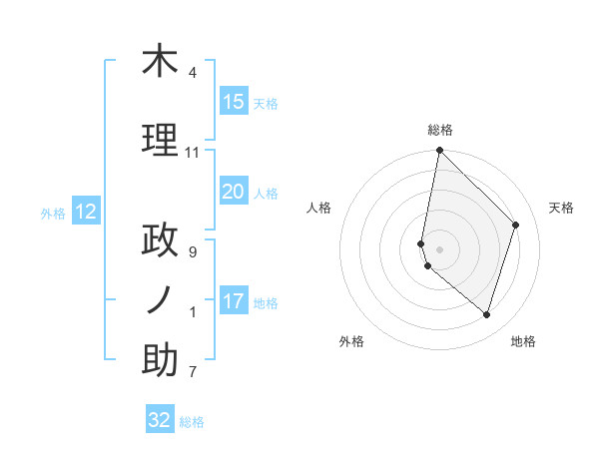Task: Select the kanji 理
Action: coord(160,140)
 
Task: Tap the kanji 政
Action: coord(160,240)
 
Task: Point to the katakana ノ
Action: coord(160,300)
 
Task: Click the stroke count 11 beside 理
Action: coord(193,153)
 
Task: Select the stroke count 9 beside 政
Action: coord(193,252)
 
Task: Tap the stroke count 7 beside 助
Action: coord(193,373)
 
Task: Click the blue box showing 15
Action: coord(234,102)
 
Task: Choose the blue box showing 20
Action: coord(234,192)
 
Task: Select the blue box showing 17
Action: coord(234,301)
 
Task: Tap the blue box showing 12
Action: coord(86,212)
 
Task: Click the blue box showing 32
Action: coord(160,420)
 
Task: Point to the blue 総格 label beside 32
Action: coord(192,422)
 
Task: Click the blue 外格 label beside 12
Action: coord(53,213)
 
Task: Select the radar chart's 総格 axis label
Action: coord(440,130)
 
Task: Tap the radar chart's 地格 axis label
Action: coord(523,341)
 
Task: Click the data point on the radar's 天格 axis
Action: coord(516,225)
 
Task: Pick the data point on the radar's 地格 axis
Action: coord(487,314)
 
